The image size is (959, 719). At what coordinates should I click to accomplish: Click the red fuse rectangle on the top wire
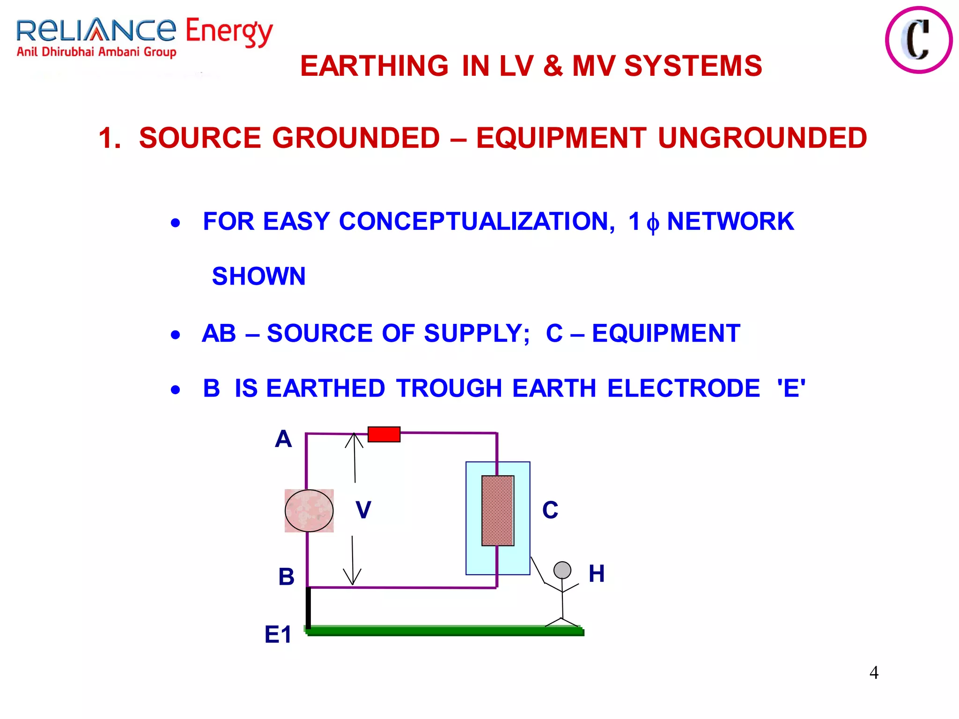click(x=384, y=434)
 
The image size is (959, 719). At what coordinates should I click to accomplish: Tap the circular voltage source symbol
click(x=309, y=511)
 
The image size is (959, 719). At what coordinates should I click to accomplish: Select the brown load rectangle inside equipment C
click(x=498, y=511)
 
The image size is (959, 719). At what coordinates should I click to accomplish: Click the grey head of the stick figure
click(x=562, y=570)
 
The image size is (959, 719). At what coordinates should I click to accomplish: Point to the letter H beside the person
click(x=597, y=573)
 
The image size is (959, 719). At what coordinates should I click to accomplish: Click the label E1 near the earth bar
click(x=278, y=635)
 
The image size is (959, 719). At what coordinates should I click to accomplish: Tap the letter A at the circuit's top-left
click(x=283, y=439)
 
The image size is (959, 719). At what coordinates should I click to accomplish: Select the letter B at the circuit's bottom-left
click(x=286, y=577)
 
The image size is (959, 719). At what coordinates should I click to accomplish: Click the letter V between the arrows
click(x=363, y=510)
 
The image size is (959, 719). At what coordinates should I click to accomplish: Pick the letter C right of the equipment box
click(x=550, y=510)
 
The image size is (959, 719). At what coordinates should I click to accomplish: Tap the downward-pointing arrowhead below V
click(x=352, y=578)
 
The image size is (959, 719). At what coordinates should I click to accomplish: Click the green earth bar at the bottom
click(x=445, y=631)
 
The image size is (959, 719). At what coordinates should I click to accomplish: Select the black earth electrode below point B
click(x=308, y=607)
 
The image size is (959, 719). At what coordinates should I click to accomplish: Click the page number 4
click(x=874, y=673)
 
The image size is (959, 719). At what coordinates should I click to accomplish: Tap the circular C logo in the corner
click(x=918, y=40)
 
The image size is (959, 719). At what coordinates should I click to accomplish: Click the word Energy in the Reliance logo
click(x=229, y=32)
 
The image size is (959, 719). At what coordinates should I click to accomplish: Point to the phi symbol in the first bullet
click(x=653, y=223)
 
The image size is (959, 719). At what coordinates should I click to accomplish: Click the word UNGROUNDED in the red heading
click(x=762, y=138)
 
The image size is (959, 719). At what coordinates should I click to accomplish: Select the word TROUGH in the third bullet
click(x=449, y=388)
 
